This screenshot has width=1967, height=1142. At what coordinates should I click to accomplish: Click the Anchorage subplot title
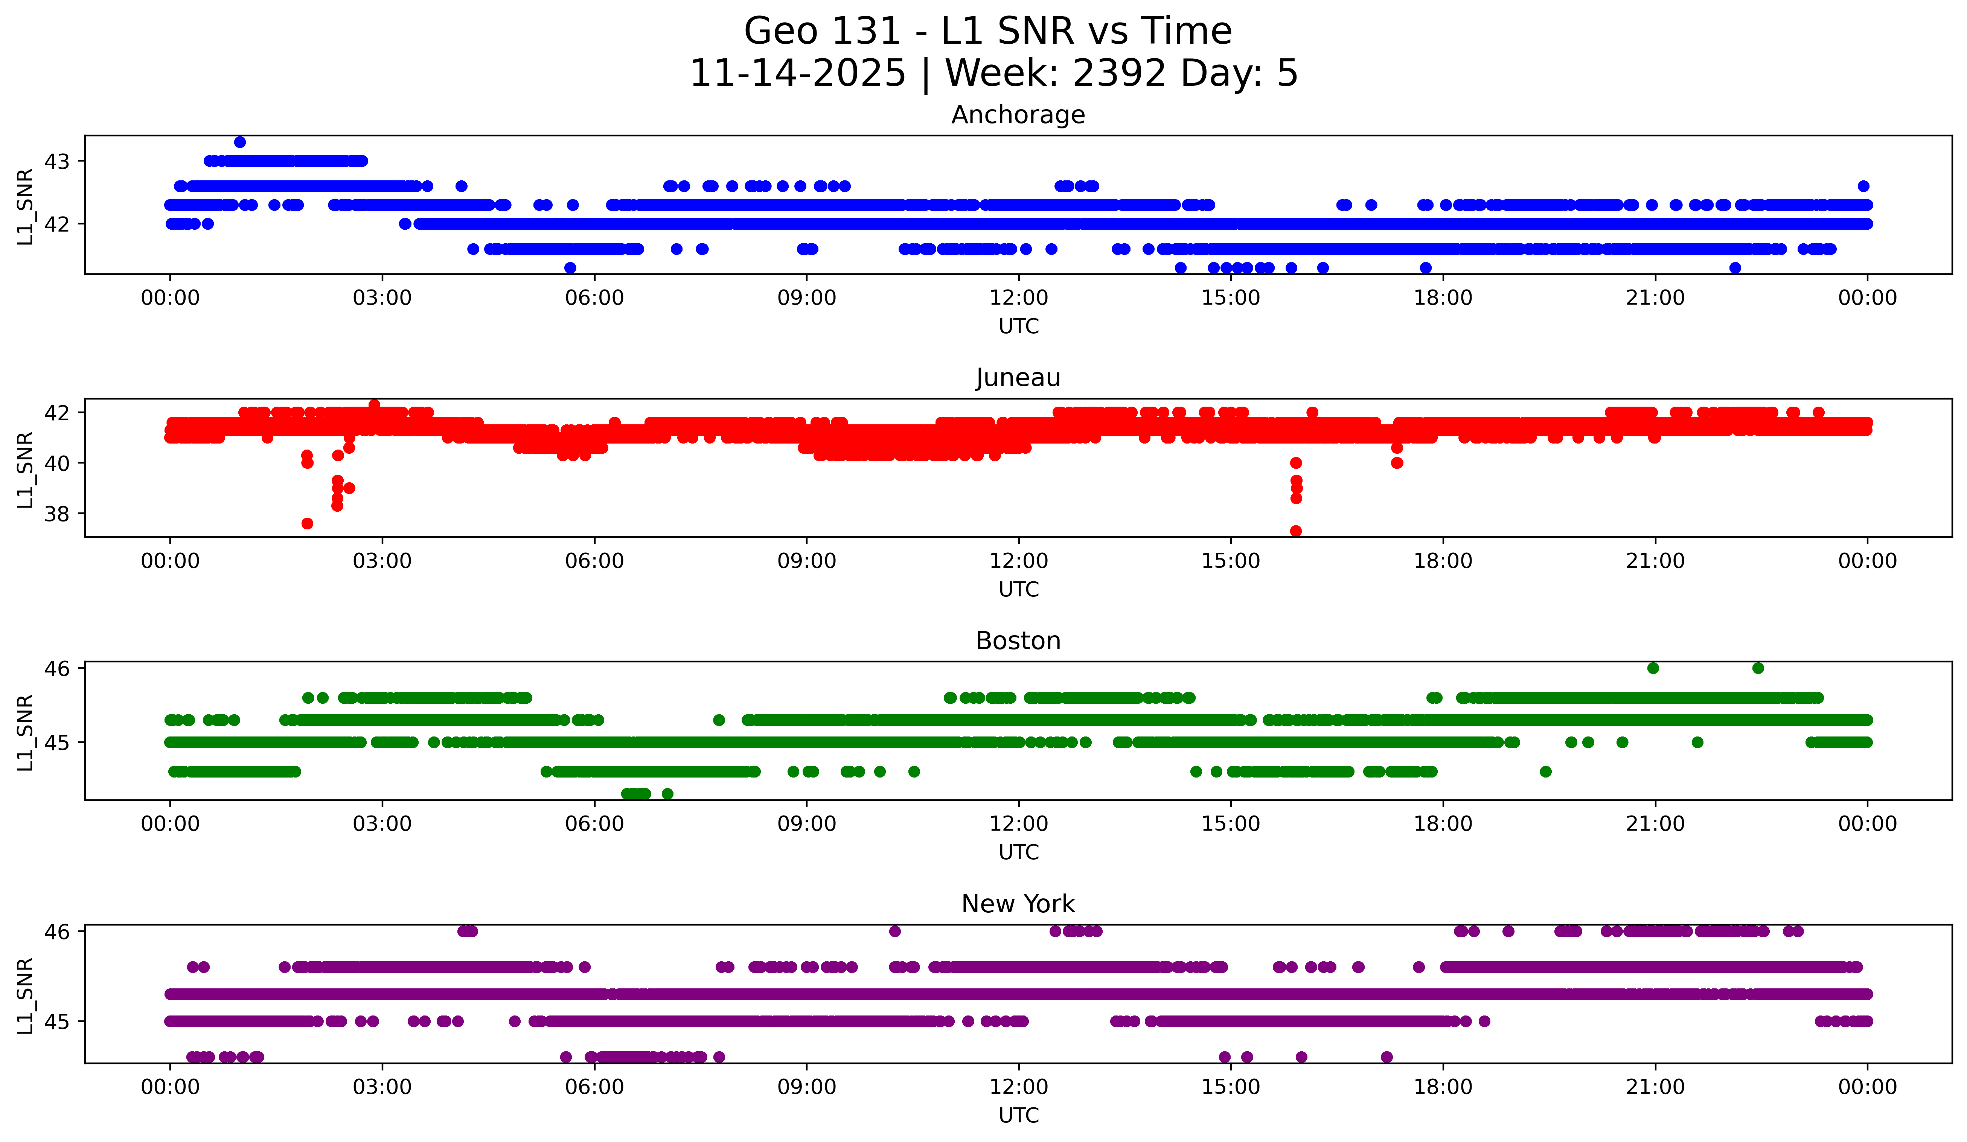click(x=1018, y=115)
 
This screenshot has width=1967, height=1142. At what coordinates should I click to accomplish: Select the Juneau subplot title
click(x=1018, y=378)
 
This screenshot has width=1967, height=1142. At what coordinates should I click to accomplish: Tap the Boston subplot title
click(x=1018, y=641)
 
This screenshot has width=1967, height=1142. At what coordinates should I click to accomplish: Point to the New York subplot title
click(x=1018, y=904)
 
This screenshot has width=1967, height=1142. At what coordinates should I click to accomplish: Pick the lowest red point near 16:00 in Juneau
click(x=1296, y=531)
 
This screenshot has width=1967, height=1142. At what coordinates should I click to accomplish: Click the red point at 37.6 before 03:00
click(x=308, y=523)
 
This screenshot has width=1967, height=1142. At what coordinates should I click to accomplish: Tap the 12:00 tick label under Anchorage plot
click(x=1019, y=297)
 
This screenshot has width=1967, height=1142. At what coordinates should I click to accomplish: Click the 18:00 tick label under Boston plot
click(x=1443, y=823)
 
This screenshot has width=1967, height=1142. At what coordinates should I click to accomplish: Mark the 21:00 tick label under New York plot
click(x=1655, y=1087)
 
